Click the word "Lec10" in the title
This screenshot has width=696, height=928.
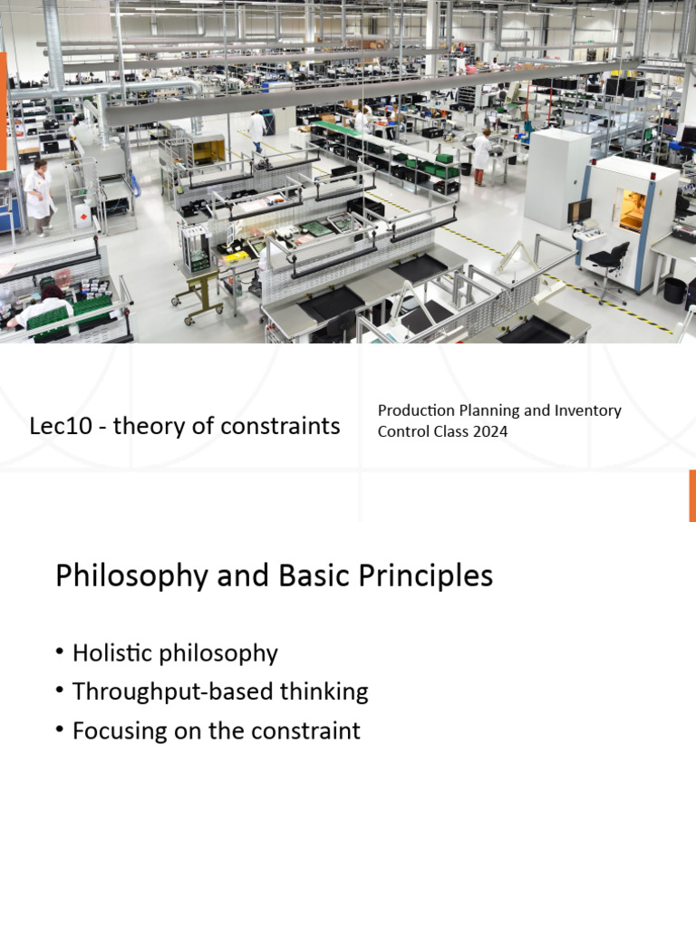coord(61,426)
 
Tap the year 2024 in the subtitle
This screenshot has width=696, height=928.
coord(489,431)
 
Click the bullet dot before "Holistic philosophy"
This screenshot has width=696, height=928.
coord(60,652)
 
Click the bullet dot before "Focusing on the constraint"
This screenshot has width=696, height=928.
coord(60,730)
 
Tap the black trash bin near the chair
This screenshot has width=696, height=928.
coord(674,290)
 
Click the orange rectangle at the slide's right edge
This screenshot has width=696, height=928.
coord(691,496)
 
